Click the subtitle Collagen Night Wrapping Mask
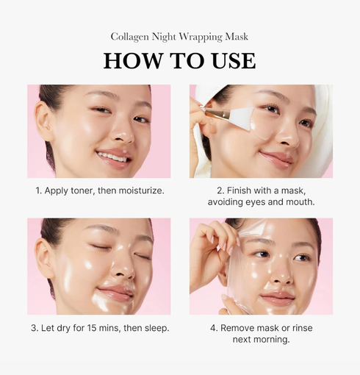[x=180, y=36]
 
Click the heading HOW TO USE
[x=180, y=60]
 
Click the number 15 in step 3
[x=91, y=327]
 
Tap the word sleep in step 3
[x=154, y=327]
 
